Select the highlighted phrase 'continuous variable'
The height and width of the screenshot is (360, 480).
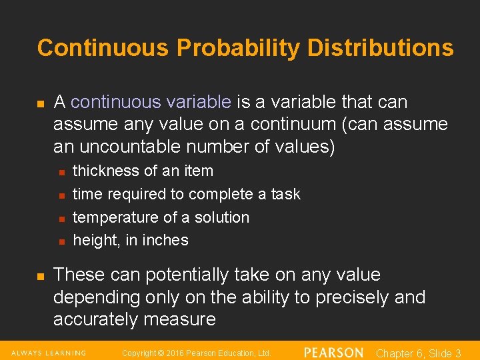coord(151,102)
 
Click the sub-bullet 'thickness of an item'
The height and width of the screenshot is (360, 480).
coord(143,171)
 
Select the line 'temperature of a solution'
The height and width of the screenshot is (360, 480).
coord(161,217)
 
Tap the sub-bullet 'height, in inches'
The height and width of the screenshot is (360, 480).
coord(131,240)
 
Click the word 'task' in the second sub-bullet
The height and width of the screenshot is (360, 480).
coord(285,194)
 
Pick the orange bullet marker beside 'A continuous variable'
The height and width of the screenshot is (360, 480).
coord(40,104)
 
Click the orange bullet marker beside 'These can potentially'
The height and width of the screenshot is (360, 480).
coord(40,276)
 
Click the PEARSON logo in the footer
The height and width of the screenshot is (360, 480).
coord(333,353)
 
